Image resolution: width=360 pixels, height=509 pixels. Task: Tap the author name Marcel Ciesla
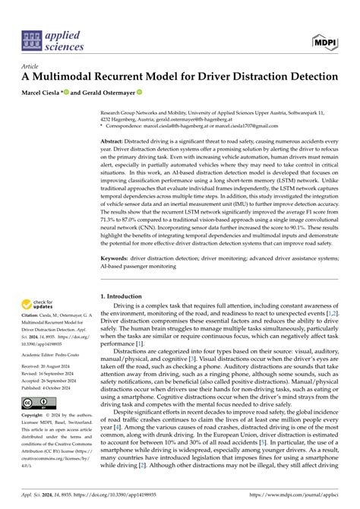pyautogui.click(x=43, y=93)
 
